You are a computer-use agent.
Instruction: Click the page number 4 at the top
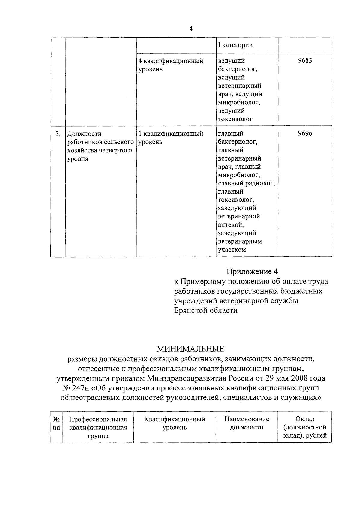pyautogui.click(x=191, y=29)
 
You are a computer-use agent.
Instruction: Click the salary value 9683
pyautogui.click(x=305, y=61)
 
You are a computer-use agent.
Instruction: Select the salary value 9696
pyautogui.click(x=305, y=134)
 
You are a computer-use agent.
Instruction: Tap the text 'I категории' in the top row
pyautogui.click(x=235, y=45)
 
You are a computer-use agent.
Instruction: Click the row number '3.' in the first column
pyautogui.click(x=58, y=134)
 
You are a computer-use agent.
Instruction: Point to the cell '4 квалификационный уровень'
pyautogui.click(x=171, y=65)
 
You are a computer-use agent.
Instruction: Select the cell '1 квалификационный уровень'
pyautogui.click(x=171, y=138)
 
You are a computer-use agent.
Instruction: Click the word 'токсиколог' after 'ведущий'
pyautogui.click(x=235, y=119)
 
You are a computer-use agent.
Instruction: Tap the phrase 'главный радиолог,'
pyautogui.click(x=246, y=183)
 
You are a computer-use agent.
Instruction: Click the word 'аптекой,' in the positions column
pyautogui.click(x=231, y=225)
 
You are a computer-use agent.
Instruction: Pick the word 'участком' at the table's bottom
pyautogui.click(x=232, y=250)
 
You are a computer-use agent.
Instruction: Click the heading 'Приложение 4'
pyautogui.click(x=252, y=272)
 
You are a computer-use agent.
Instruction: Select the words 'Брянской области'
pyautogui.click(x=206, y=310)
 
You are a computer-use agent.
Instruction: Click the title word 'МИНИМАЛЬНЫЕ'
pyautogui.click(x=191, y=349)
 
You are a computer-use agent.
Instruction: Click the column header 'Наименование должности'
pyautogui.click(x=247, y=423)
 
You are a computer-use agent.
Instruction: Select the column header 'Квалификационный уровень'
pyautogui.click(x=175, y=423)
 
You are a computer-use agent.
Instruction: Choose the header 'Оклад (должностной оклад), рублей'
pyautogui.click(x=304, y=427)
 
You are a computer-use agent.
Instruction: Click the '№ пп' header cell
pyautogui.click(x=56, y=423)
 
